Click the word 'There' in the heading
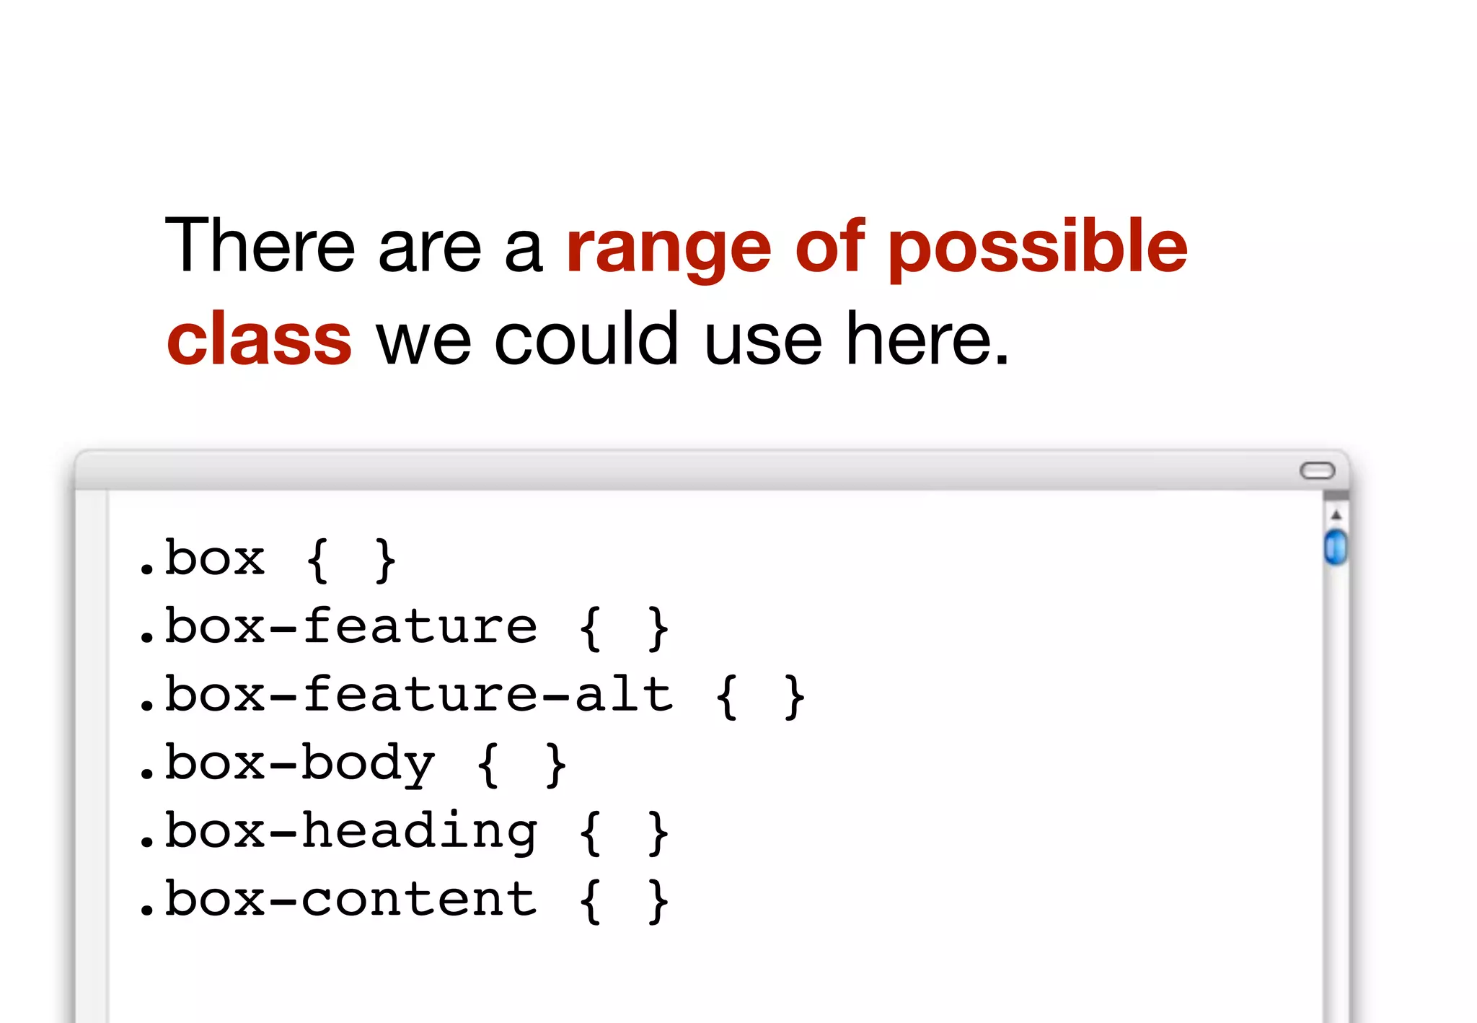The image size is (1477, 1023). pyautogui.click(x=260, y=246)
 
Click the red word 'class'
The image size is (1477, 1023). pyautogui.click(x=259, y=340)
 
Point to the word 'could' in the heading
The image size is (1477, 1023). pyautogui.click(x=586, y=338)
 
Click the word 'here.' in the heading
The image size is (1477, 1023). pyautogui.click(x=927, y=338)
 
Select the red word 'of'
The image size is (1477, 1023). pyautogui.click(x=829, y=246)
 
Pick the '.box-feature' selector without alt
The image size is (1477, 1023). pyautogui.click(x=338, y=627)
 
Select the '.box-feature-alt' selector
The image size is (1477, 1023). pyautogui.click(x=405, y=695)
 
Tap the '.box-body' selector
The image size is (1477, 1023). pyautogui.click(x=287, y=764)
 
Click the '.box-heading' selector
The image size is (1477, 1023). pyautogui.click(x=338, y=832)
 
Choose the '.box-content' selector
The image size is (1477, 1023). pyautogui.click(x=338, y=900)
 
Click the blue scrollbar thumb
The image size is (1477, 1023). pyautogui.click(x=1336, y=546)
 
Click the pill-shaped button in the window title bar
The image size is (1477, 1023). pyautogui.click(x=1317, y=471)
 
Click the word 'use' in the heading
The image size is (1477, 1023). pyautogui.click(x=762, y=340)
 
